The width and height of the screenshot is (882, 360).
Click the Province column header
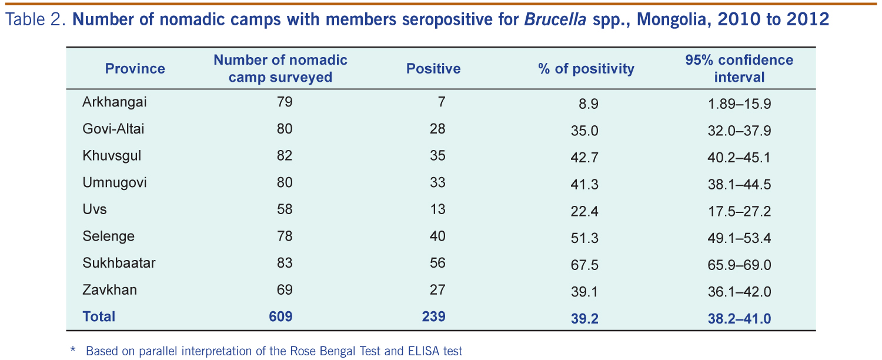135,69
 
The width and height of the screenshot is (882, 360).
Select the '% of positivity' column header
586,69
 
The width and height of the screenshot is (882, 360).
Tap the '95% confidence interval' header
739,68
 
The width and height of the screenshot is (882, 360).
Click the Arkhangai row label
114,102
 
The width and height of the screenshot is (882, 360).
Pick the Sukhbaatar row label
119,263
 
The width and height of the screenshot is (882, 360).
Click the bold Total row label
99,316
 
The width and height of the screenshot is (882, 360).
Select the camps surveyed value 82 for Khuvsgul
285,156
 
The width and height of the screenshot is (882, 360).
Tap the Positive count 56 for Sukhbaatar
437,263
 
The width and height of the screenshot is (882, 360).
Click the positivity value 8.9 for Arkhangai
589,105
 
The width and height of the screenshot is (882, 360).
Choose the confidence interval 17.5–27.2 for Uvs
739,211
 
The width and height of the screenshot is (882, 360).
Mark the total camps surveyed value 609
280,316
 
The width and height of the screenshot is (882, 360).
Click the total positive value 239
433,316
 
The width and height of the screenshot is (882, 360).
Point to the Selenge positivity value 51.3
584,238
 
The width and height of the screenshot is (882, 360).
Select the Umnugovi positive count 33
437,182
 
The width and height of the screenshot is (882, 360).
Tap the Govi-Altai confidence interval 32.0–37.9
739,131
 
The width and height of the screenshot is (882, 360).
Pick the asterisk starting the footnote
73,351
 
